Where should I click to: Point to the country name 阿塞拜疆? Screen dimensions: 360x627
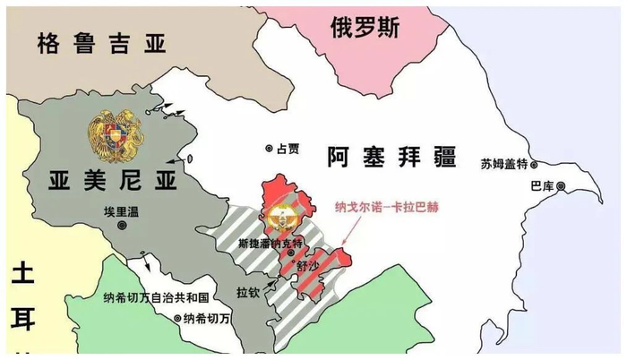[x=390, y=159]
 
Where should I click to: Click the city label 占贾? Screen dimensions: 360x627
[x=289, y=149]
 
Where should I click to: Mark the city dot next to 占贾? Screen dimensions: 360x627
[x=268, y=149]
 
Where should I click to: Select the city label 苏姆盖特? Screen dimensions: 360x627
[x=503, y=163]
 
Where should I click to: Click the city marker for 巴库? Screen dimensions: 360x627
[x=561, y=186]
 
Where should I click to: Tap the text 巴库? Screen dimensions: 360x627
[x=543, y=186]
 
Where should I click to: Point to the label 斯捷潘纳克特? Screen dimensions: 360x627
[x=266, y=243]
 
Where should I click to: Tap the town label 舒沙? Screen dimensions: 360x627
[x=306, y=266]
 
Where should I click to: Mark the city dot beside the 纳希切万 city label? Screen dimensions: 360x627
[x=177, y=319]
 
